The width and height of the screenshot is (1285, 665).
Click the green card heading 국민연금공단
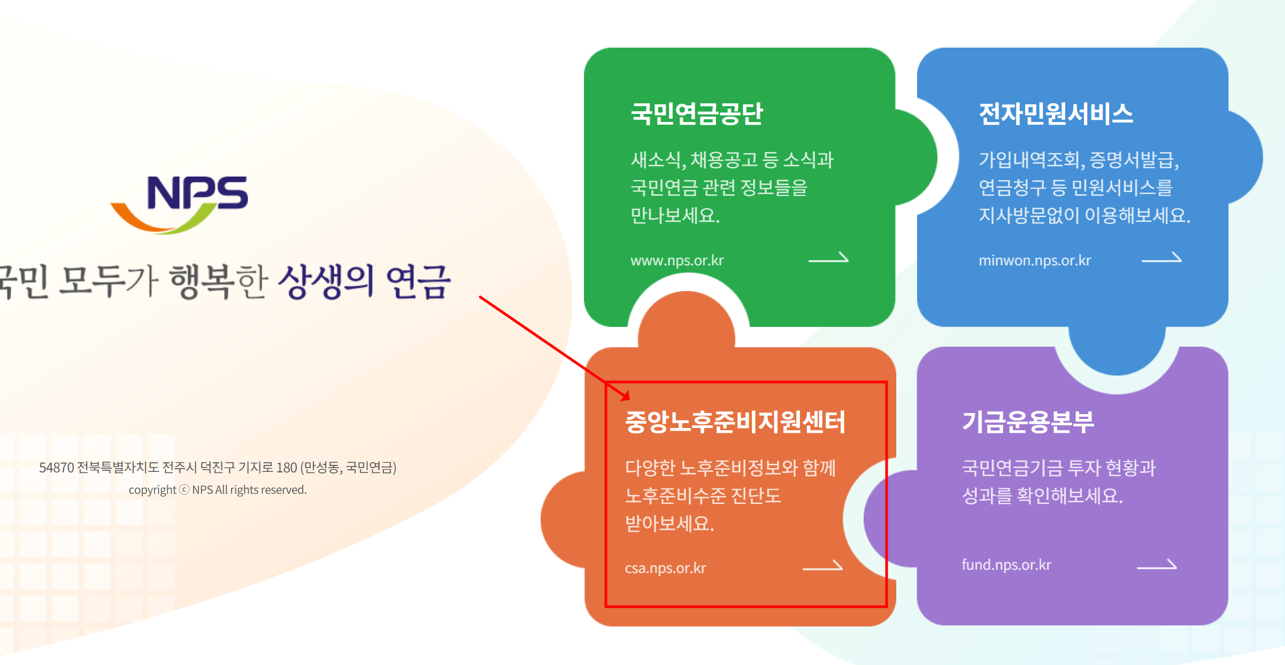click(x=697, y=114)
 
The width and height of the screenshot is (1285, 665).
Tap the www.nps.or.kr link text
click(x=676, y=261)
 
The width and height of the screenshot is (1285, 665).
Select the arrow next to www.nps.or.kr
click(x=828, y=258)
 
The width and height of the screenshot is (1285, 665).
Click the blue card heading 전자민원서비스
click(x=1056, y=114)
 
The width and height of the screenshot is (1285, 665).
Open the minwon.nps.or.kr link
click(x=1034, y=261)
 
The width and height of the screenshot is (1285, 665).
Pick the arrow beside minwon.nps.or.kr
click(x=1161, y=258)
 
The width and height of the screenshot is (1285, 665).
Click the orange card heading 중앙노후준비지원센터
click(x=735, y=422)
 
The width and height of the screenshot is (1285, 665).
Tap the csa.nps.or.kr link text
click(x=665, y=568)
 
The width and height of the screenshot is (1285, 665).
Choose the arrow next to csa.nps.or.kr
click(x=822, y=567)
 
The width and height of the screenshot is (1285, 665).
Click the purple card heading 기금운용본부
click(x=1028, y=422)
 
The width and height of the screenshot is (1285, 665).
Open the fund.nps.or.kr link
click(x=1006, y=565)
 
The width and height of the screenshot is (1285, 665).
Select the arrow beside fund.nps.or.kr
click(x=1157, y=565)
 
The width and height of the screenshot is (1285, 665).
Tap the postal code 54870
click(x=56, y=468)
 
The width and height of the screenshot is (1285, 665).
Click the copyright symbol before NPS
click(x=184, y=490)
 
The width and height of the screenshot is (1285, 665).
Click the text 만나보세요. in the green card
click(x=675, y=216)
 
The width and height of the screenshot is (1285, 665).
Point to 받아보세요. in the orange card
click(x=670, y=523)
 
